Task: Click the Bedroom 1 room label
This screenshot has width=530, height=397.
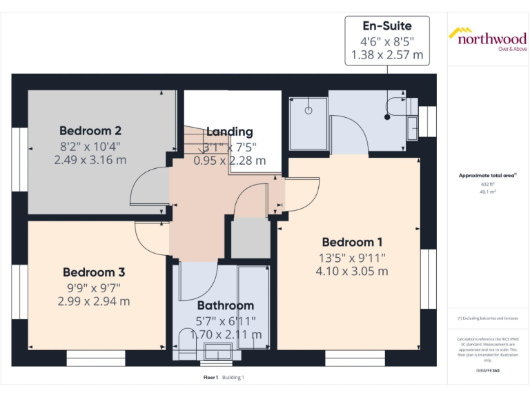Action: tap(352, 243)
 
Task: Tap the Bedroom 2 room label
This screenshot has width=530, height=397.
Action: tap(90, 130)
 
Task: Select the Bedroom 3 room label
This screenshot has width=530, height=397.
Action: tap(94, 272)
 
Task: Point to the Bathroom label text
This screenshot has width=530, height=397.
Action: tap(226, 305)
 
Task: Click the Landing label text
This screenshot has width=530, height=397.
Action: tap(230, 132)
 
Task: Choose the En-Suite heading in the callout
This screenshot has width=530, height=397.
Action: tap(387, 26)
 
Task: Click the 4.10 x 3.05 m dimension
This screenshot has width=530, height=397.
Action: tap(352, 272)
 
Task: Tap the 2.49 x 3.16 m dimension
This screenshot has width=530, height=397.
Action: tap(90, 160)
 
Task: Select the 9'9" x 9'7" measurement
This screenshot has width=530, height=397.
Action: tap(94, 287)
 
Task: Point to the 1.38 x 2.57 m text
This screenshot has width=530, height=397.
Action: tap(387, 54)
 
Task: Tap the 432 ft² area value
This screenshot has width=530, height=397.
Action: tap(488, 185)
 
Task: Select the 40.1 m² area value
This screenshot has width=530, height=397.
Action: tap(488, 193)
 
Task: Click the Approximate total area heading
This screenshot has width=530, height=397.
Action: tap(487, 176)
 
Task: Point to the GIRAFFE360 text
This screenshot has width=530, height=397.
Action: tap(487, 371)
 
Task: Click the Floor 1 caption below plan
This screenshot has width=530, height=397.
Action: tap(210, 378)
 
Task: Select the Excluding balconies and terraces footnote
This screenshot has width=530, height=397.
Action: tap(487, 318)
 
